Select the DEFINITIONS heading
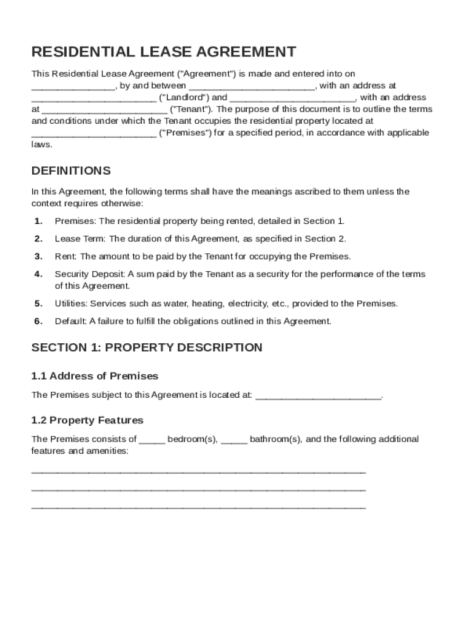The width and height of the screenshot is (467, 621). [71, 171]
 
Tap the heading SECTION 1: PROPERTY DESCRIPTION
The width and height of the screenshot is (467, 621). [147, 347]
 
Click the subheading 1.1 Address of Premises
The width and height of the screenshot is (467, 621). [95, 376]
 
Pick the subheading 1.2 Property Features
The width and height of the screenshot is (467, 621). [87, 420]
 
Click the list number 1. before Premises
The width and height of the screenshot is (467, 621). [38, 221]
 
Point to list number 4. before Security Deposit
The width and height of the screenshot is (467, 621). [38, 274]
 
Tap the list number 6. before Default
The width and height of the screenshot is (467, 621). [38, 321]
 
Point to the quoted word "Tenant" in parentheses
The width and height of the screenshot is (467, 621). [191, 109]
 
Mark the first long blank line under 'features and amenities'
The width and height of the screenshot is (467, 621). [198, 471]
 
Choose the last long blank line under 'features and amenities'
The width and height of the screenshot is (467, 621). [198, 506]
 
